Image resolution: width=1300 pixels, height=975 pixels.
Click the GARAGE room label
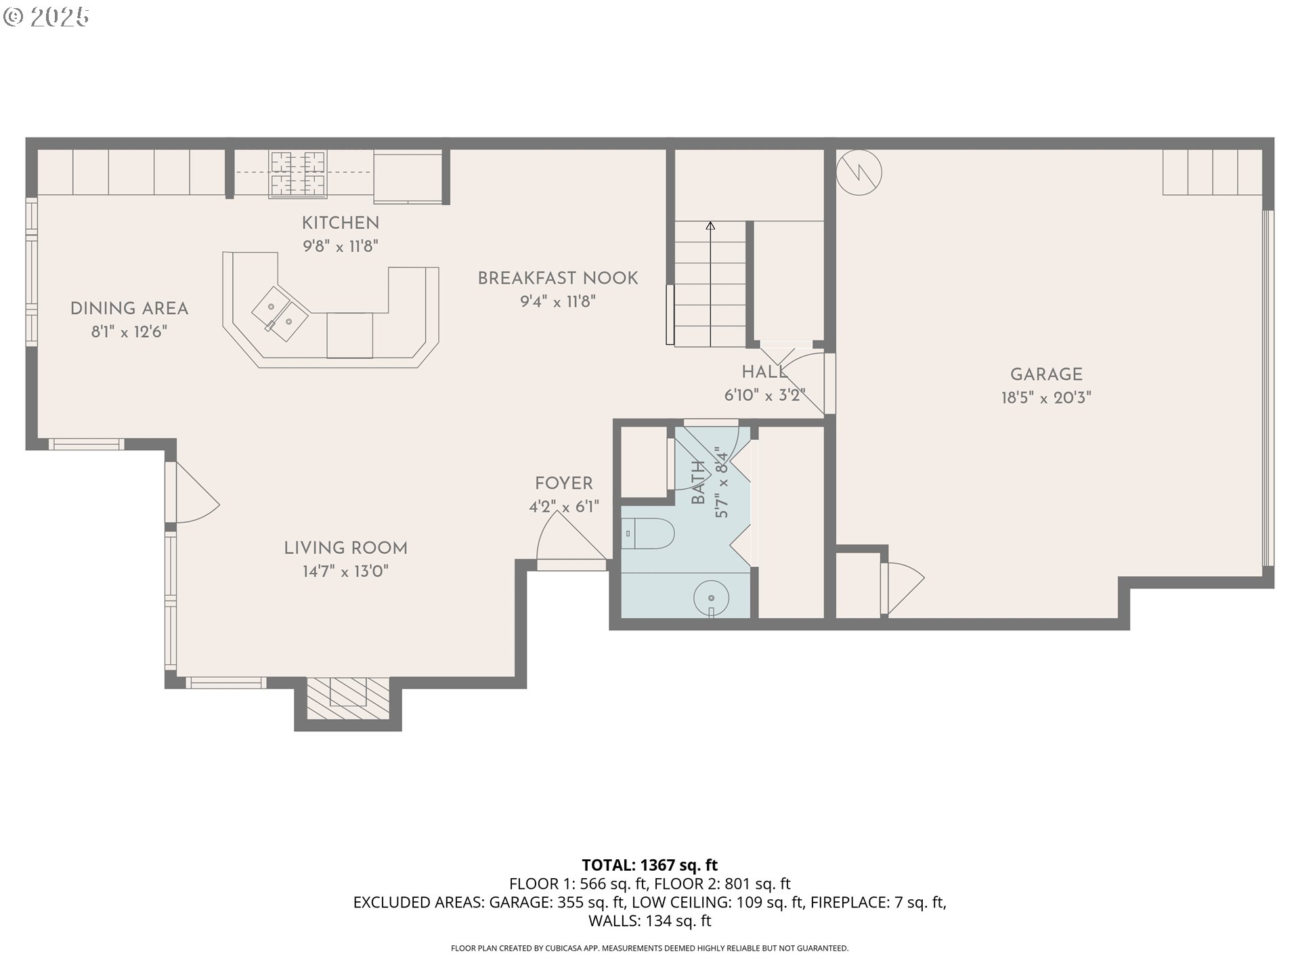coord(1045,374)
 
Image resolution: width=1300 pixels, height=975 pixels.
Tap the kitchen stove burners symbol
coord(298,174)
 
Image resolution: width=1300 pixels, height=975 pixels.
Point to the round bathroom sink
coord(711,598)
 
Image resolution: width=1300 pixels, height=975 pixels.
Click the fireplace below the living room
coord(348,698)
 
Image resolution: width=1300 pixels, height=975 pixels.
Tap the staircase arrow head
coord(710,226)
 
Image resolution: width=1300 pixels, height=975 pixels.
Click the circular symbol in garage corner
coord(859,173)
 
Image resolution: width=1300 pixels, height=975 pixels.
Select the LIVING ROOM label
coord(345,548)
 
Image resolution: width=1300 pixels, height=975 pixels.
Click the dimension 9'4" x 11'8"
coord(557,301)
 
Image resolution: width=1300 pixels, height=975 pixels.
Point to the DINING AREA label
coord(129,309)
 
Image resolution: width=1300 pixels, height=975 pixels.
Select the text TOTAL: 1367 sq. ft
coord(649,865)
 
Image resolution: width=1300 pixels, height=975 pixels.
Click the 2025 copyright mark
coord(46,17)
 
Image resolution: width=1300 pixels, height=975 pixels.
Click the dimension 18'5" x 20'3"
coord(1045,397)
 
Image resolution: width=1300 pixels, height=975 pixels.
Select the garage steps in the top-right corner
coord(1212,172)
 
